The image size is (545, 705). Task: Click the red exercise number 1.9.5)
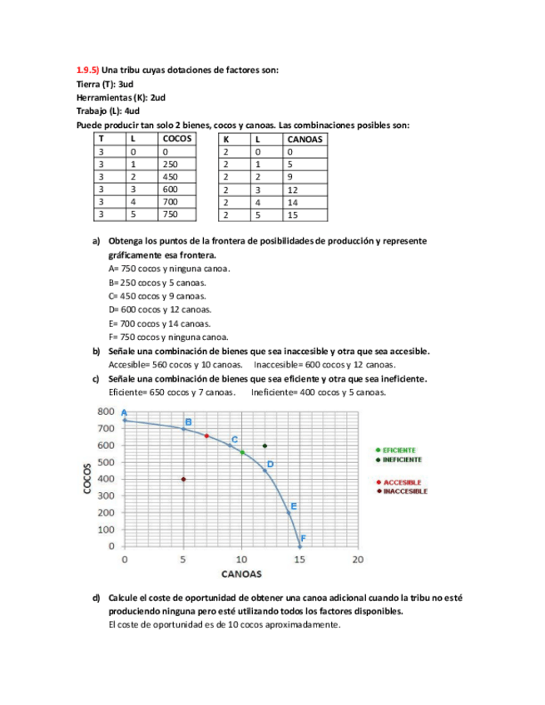(87, 71)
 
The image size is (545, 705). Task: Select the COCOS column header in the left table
(177, 139)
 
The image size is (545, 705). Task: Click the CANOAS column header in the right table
(305, 139)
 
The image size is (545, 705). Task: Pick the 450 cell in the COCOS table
(171, 176)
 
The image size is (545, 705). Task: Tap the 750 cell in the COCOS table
(171, 214)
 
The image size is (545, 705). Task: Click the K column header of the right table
(225, 139)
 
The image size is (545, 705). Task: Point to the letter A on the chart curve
(124, 412)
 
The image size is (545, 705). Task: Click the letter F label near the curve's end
(303, 539)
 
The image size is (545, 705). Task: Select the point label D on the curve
(270, 464)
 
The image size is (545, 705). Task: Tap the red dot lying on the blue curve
(206, 436)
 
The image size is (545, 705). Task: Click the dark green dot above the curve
(265, 446)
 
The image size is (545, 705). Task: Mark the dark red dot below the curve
(183, 479)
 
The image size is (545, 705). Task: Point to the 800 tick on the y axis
(106, 412)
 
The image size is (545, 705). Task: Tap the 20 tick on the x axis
(358, 560)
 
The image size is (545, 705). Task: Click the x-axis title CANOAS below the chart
(241, 574)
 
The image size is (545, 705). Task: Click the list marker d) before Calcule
(96, 598)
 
